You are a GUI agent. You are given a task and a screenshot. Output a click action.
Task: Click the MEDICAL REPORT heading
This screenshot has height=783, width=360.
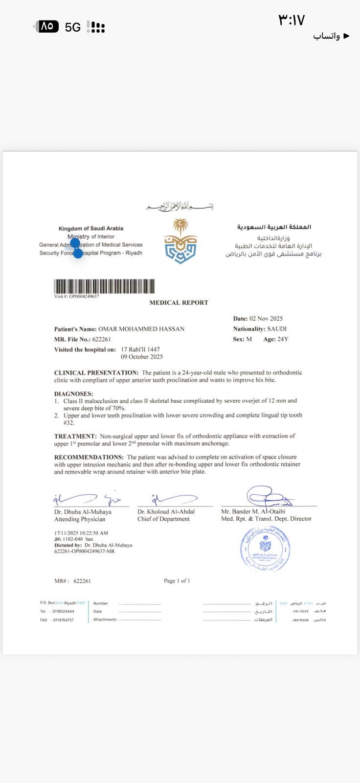tap(179, 303)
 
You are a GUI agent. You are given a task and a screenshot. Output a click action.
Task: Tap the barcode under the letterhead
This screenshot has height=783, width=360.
tap(104, 286)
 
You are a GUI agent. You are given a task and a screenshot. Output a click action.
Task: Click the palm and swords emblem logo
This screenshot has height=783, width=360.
tap(180, 241)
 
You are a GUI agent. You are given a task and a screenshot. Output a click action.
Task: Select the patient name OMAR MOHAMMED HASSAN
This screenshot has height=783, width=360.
tap(141, 329)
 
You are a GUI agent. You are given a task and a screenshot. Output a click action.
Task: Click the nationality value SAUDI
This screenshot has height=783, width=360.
tap(277, 329)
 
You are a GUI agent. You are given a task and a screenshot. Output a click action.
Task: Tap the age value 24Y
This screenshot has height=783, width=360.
tap(283, 339)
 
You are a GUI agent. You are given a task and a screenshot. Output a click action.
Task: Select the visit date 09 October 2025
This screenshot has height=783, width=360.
tap(142, 357)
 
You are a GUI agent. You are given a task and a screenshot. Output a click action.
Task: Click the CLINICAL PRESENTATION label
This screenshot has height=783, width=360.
tap(96, 373)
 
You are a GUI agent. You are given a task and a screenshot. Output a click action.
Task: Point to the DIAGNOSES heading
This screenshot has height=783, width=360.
tap(73, 394)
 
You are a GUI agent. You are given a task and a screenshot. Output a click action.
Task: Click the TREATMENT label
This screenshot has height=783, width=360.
tap(75, 436)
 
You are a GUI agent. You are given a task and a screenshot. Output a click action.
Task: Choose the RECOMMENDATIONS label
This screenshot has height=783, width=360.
tap(89, 457)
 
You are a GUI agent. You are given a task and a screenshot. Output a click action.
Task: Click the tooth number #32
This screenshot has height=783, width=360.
tap(69, 423)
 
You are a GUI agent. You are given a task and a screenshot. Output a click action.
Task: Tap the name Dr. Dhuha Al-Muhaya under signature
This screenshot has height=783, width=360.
tap(83, 512)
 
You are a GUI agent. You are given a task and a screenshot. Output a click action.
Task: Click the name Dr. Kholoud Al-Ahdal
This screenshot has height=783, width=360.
tap(166, 512)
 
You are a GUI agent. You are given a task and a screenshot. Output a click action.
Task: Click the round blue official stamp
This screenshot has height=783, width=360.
tap(265, 549)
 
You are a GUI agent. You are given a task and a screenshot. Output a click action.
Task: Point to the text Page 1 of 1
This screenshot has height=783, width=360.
tap(177, 581)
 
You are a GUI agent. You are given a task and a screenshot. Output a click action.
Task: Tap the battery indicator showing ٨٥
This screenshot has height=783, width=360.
tap(47, 26)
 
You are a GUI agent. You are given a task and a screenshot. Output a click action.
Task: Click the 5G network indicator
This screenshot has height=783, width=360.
tap(73, 27)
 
